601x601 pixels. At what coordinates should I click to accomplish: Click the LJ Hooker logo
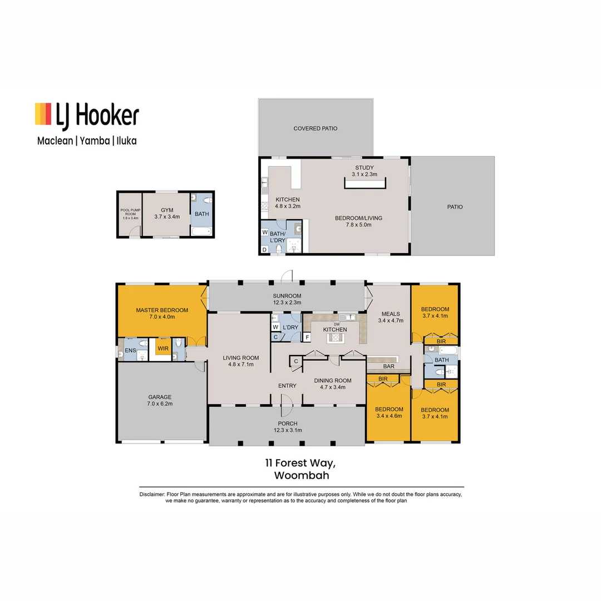[x=86, y=114]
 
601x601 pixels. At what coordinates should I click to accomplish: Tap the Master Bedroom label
[x=162, y=310]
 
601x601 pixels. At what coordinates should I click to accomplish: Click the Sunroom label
[x=287, y=295]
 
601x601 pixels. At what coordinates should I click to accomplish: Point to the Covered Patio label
[x=316, y=129]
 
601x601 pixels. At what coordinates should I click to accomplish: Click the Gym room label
[x=167, y=210]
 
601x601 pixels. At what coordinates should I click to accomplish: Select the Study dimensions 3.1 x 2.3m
[x=364, y=174]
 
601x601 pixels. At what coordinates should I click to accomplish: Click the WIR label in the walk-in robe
[x=163, y=349]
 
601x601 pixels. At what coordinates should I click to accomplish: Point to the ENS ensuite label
[x=130, y=350]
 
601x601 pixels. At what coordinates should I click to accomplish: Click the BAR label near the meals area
[x=388, y=367]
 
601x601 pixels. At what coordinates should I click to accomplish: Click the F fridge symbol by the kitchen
[x=307, y=337]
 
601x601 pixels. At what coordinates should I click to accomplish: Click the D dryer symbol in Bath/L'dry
[x=264, y=250]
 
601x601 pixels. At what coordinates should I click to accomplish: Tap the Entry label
[x=287, y=385]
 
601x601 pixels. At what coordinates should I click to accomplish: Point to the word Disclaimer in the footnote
[x=151, y=495]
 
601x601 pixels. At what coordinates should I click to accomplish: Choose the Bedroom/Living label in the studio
[x=358, y=218]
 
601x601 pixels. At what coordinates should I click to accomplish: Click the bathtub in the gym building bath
[x=200, y=231]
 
